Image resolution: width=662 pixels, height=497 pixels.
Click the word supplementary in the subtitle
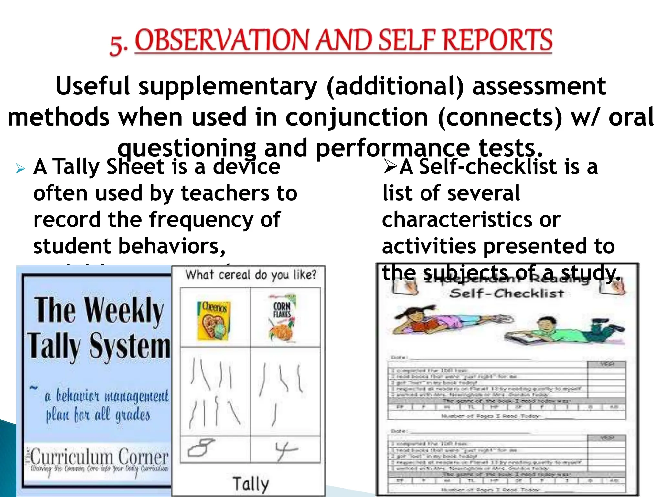click(x=228, y=87)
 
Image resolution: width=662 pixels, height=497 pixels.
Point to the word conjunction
click(x=357, y=117)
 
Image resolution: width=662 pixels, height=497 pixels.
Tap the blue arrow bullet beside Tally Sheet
click(x=20, y=169)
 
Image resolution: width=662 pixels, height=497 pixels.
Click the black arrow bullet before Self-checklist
click(x=390, y=168)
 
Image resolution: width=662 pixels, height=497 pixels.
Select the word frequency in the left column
click(x=201, y=220)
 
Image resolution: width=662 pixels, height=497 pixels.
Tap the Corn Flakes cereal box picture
click(x=282, y=319)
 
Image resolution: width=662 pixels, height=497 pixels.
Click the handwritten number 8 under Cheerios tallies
click(x=201, y=447)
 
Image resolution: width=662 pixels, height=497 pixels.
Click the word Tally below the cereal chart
click(x=251, y=484)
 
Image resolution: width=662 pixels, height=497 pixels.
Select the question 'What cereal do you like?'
click(x=251, y=275)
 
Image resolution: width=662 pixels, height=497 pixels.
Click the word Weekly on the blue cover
click(x=124, y=311)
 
